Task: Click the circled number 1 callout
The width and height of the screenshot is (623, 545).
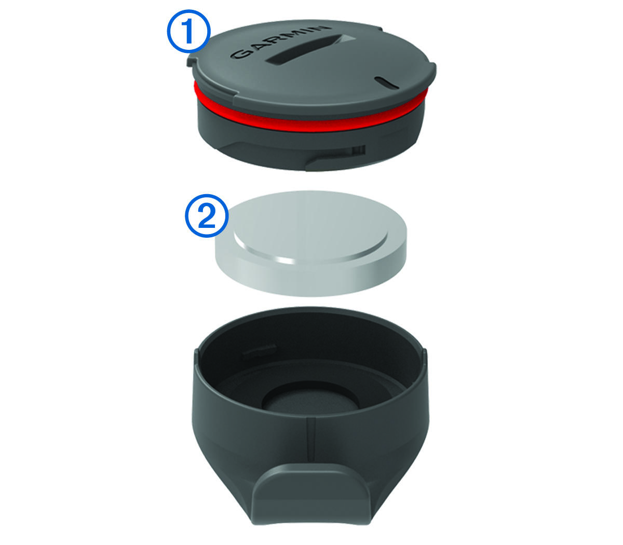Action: pos(188,31)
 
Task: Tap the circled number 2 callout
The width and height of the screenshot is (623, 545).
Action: pos(207,215)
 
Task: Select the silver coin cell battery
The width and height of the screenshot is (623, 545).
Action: pos(310,243)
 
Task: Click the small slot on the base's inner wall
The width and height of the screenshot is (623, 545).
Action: pos(260,349)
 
